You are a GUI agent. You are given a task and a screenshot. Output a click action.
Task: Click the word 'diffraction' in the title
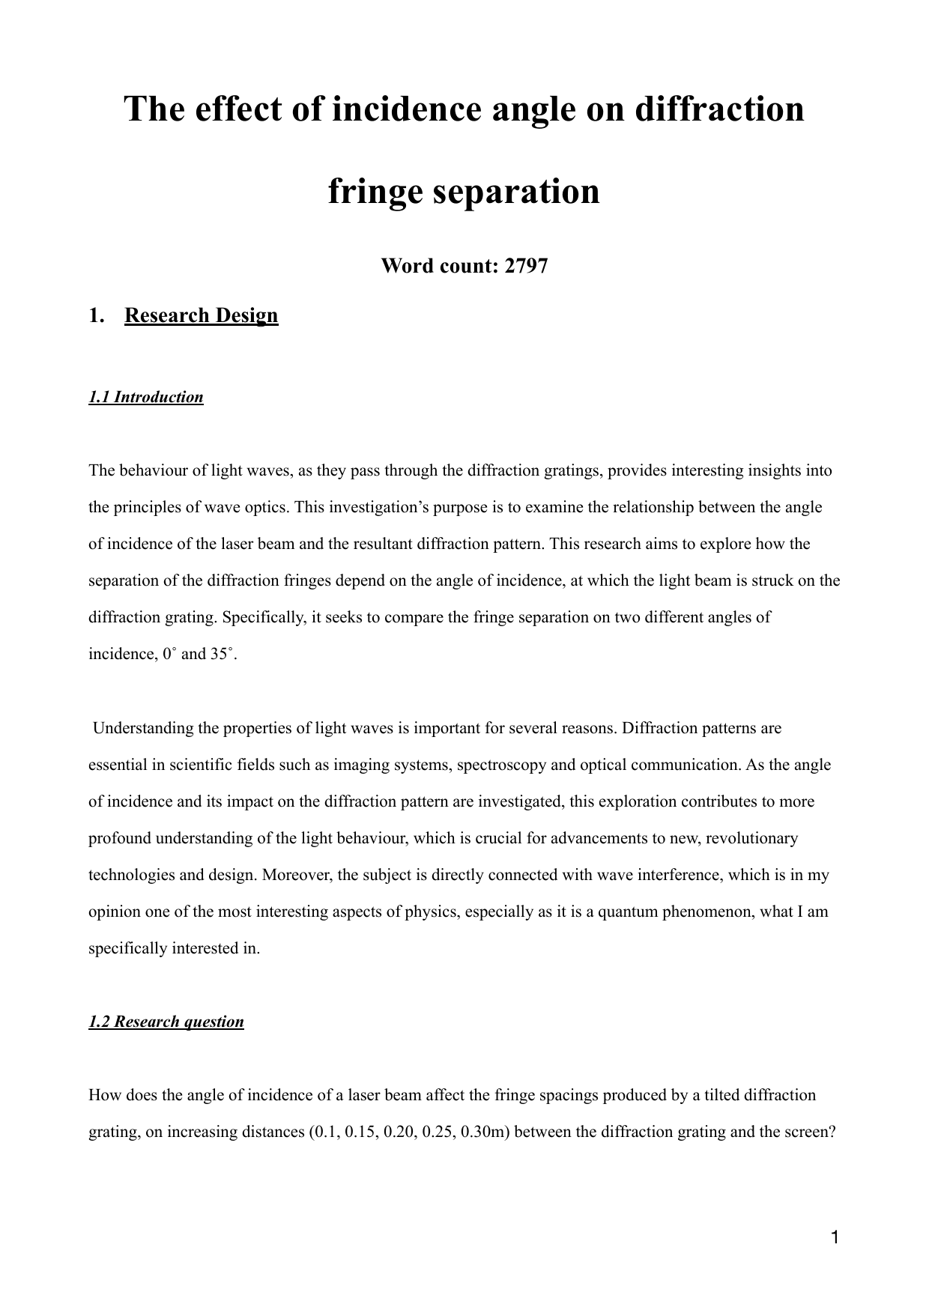(x=719, y=109)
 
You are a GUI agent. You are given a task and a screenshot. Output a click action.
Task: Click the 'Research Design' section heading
(x=201, y=315)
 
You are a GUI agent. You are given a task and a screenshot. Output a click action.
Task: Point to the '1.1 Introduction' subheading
(x=146, y=397)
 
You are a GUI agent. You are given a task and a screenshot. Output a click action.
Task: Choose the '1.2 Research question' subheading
(x=166, y=1022)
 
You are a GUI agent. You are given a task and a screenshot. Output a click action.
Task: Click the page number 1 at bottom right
(x=835, y=1237)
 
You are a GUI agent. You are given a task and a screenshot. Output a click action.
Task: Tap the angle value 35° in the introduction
(x=223, y=654)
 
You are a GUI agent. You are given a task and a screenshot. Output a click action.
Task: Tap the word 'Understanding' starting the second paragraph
(x=141, y=728)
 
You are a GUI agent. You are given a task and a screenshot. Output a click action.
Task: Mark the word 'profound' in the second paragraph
(x=119, y=838)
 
